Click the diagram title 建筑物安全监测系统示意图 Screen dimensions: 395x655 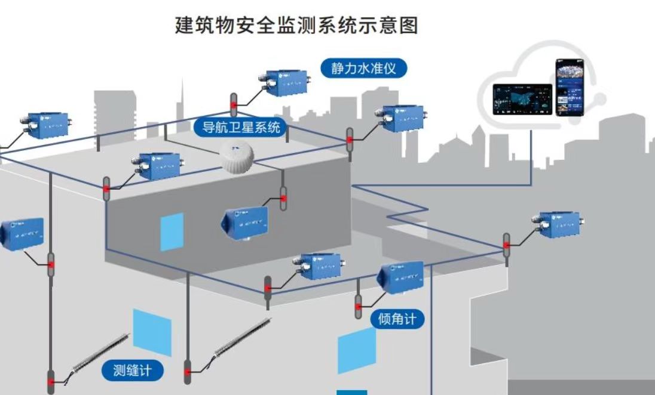[296, 25]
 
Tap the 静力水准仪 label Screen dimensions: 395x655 [363, 67]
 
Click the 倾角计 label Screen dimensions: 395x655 [397, 319]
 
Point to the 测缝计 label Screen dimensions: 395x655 [132, 370]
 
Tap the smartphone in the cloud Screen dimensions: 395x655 [569, 88]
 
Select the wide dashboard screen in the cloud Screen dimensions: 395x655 [522, 99]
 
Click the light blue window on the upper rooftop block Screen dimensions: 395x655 [172, 232]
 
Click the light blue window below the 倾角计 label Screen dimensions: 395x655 [357, 352]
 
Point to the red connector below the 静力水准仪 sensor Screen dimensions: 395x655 [234, 106]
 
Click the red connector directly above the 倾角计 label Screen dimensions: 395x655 [359, 307]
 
